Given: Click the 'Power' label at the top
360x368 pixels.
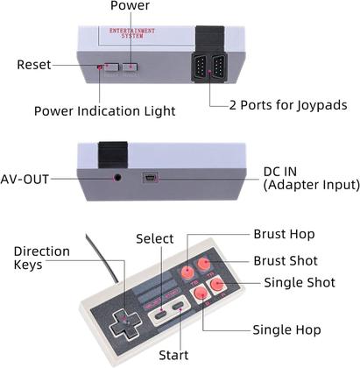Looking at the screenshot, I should pos(130,7).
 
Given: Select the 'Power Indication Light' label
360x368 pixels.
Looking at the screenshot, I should pos(103,110).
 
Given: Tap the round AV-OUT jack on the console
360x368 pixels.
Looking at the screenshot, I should pos(118,177).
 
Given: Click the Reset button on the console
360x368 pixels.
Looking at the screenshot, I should pos(111,67).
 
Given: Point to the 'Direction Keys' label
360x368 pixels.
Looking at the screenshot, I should pos(41,258).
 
